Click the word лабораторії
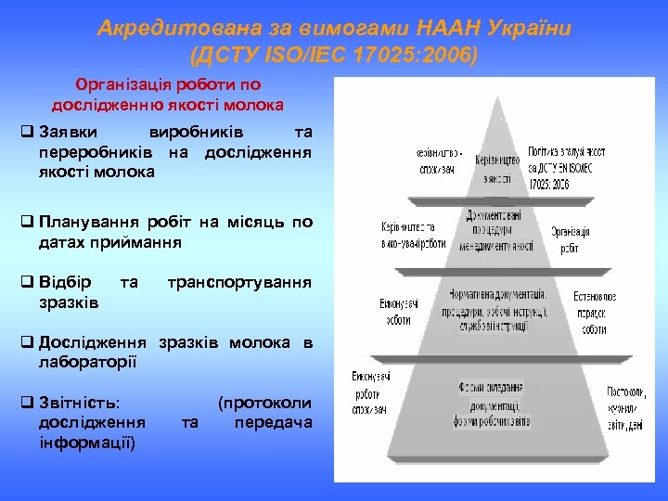point(87,361)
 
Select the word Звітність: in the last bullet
point(79,404)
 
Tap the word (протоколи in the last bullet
point(264,404)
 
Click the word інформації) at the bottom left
point(87,441)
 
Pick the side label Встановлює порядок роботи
point(589,312)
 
